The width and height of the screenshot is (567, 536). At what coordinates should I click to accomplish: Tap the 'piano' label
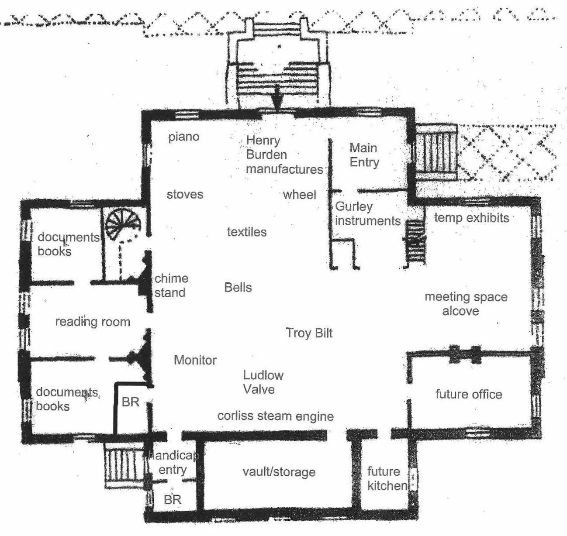(184, 137)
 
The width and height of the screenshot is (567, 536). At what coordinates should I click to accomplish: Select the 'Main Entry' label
(364, 155)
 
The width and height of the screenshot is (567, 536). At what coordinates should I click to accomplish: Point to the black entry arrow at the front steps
(275, 102)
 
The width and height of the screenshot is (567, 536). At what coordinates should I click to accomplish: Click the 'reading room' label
(93, 322)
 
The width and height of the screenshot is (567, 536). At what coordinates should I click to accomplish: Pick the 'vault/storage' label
(279, 472)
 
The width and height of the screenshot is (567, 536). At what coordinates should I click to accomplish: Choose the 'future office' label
(469, 395)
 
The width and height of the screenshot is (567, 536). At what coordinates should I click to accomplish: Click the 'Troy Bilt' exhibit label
(309, 333)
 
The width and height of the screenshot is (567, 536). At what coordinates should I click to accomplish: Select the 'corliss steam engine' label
(275, 416)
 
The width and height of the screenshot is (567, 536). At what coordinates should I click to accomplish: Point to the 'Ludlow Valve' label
(263, 382)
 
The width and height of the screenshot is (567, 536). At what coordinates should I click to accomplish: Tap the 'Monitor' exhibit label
(195, 360)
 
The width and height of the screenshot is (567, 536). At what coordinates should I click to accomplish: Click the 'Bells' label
(238, 287)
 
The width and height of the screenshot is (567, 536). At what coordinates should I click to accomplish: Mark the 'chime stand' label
(171, 285)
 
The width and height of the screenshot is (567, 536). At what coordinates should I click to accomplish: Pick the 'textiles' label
(247, 232)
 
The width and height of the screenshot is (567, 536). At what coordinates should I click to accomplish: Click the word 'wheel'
(299, 194)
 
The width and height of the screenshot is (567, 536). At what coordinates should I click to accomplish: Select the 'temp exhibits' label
(471, 217)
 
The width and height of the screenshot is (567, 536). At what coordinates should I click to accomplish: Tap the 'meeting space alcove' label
(466, 304)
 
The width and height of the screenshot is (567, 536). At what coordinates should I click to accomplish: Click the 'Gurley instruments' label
(367, 213)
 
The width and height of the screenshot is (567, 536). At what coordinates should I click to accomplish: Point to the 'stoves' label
(185, 194)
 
